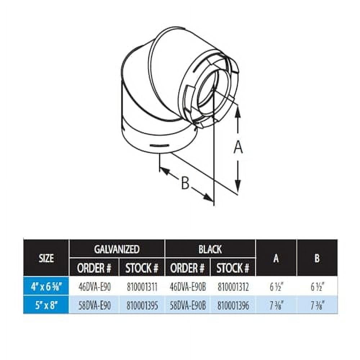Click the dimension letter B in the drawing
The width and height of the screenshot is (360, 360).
pyautogui.click(x=185, y=184)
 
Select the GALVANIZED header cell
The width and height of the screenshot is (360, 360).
pyautogui.click(x=117, y=249)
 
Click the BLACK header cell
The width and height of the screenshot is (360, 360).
pyautogui.click(x=210, y=249)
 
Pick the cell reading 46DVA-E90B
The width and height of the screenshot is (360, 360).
pyautogui.click(x=187, y=287)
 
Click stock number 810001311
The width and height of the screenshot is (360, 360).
pyautogui.click(x=142, y=287)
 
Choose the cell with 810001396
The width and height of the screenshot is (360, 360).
pyautogui.click(x=233, y=305)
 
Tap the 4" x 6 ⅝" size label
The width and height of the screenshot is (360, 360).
pyautogui.click(x=46, y=287)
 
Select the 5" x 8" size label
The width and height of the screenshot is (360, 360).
pyautogui.click(x=46, y=305)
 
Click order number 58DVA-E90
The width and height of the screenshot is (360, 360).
pyautogui.click(x=94, y=305)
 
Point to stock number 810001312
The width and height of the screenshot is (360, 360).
pyautogui.click(x=233, y=287)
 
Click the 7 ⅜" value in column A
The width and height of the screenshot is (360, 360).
pyautogui.click(x=276, y=305)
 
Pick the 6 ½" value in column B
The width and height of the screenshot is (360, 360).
pyautogui.click(x=317, y=287)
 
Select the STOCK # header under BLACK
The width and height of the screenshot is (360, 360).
pyautogui.click(x=233, y=267)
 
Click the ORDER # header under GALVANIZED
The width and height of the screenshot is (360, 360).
pyautogui.click(x=94, y=267)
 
